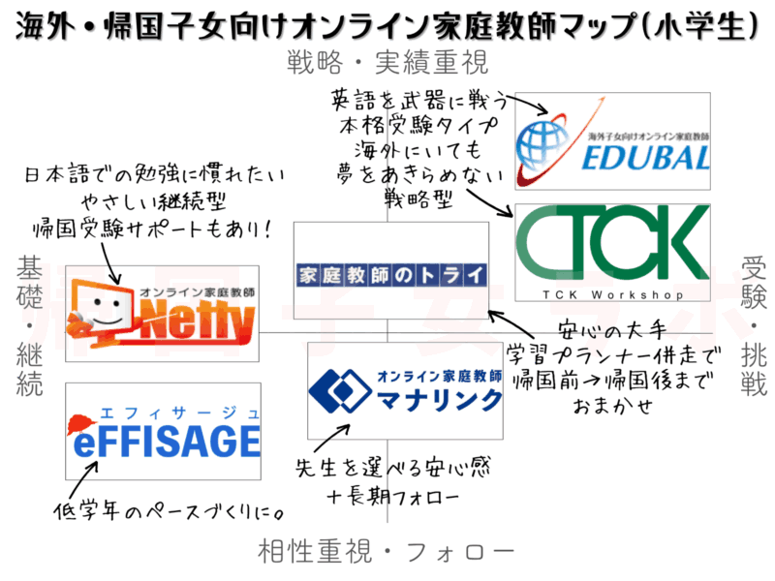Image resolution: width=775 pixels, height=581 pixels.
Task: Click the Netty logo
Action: coord(163,313)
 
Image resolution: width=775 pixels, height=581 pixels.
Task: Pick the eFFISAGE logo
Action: coord(163,431)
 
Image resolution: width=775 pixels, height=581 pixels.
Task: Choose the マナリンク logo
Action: coord(405,390)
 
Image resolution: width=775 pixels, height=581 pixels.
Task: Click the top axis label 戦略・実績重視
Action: coord(387,63)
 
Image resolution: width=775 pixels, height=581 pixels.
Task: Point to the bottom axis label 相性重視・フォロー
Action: coord(387,552)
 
